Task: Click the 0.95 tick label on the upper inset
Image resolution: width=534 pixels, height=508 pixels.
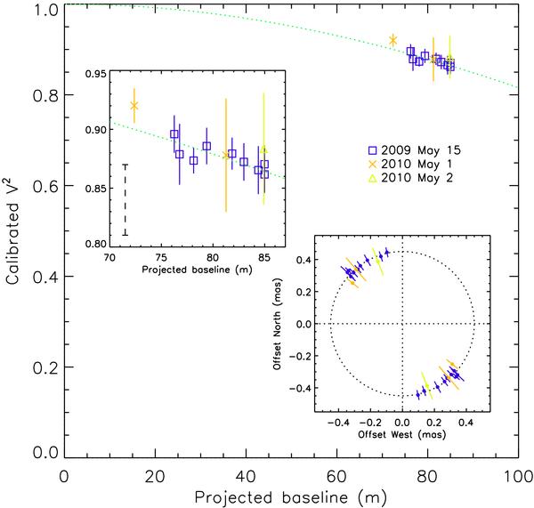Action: pyautogui.click(x=92, y=73)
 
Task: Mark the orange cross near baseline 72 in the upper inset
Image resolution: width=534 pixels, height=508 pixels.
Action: pyautogui.click(x=134, y=106)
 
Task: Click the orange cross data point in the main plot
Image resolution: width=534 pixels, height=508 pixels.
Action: pyautogui.click(x=392, y=40)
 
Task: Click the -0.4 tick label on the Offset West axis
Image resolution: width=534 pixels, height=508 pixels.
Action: pyautogui.click(x=339, y=425)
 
